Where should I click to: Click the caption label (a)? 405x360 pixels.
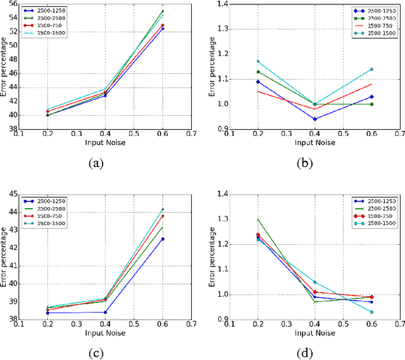coord(96,163)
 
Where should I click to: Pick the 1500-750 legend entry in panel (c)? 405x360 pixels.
coord(50,215)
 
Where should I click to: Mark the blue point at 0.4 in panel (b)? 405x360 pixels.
coord(315,119)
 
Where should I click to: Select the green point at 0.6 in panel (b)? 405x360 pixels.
coord(371,104)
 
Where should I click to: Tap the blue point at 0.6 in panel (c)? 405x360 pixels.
coord(163,239)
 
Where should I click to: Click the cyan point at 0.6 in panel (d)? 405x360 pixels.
coord(371,312)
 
